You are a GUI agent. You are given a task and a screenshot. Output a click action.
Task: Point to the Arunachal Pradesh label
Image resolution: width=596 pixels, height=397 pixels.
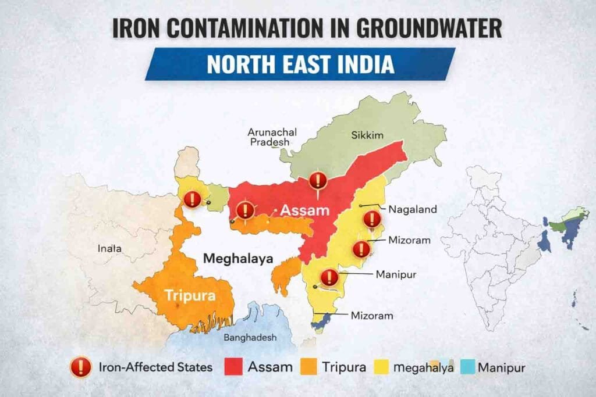pyautogui.click(x=272, y=137)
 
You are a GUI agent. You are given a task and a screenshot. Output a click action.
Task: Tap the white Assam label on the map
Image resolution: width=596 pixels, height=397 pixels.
pyautogui.click(x=305, y=210)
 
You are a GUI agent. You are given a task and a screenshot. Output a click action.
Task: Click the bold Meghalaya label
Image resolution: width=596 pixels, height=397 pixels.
pyautogui.click(x=238, y=259)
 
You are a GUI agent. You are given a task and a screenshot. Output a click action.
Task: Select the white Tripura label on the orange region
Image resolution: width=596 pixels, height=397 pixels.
pyautogui.click(x=190, y=295)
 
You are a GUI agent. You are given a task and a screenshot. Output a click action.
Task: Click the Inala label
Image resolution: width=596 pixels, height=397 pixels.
pyautogui.click(x=109, y=248)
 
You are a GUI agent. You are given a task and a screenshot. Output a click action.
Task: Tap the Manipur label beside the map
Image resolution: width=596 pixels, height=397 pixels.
pyautogui.click(x=396, y=274)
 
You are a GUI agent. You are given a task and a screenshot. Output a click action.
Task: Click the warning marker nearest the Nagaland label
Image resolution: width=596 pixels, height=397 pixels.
pyautogui.click(x=371, y=220)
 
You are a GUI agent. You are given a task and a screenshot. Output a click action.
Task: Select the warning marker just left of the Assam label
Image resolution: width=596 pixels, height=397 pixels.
pyautogui.click(x=245, y=210)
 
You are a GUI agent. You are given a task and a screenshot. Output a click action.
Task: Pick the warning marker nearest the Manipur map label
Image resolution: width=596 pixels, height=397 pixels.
pyautogui.click(x=329, y=277)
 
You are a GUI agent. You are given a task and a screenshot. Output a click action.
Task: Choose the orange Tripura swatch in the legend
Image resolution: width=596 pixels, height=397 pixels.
pyautogui.click(x=310, y=367)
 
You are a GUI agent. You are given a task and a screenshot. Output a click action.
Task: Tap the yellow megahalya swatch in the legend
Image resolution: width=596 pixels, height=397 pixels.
pyautogui.click(x=382, y=367)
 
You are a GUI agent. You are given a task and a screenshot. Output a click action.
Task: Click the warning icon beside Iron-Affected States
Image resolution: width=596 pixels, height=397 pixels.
pyautogui.click(x=80, y=367)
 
